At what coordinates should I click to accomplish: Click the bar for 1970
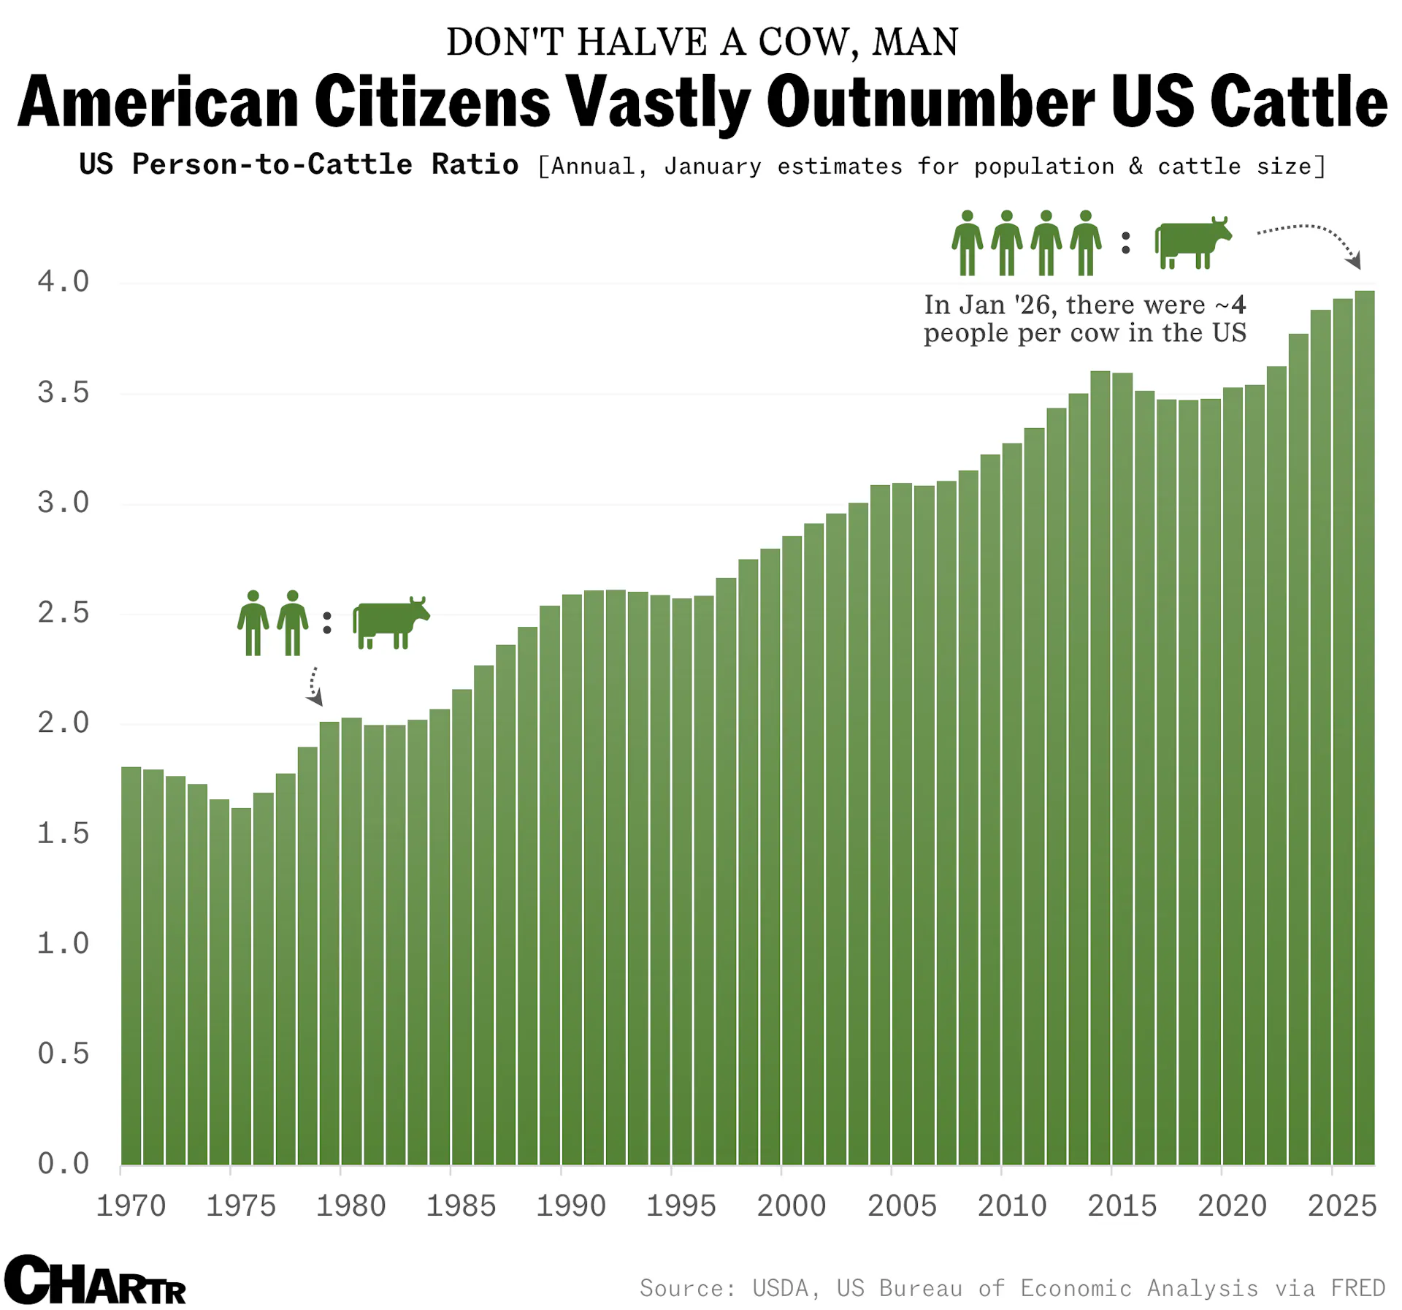[x=131, y=964]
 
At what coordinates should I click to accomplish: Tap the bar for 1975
[x=241, y=986]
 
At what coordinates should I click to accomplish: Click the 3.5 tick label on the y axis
[x=64, y=393]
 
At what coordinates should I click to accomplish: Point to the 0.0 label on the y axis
[x=64, y=1163]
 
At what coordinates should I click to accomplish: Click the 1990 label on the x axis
[x=571, y=1206]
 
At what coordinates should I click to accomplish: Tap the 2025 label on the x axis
[x=1342, y=1206]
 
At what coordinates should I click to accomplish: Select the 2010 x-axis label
[x=1012, y=1206]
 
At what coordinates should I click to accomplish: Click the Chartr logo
[x=95, y=1280]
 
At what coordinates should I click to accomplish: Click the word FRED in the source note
[x=1358, y=1288]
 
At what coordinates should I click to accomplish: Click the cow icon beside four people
[x=1192, y=243]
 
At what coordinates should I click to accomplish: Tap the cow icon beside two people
[x=391, y=622]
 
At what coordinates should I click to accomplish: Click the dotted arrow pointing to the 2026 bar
[x=1311, y=240]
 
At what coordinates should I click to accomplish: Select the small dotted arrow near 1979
[x=314, y=685]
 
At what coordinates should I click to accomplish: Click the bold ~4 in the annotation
[x=1231, y=305]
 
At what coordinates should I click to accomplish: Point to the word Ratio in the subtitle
[x=475, y=165]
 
